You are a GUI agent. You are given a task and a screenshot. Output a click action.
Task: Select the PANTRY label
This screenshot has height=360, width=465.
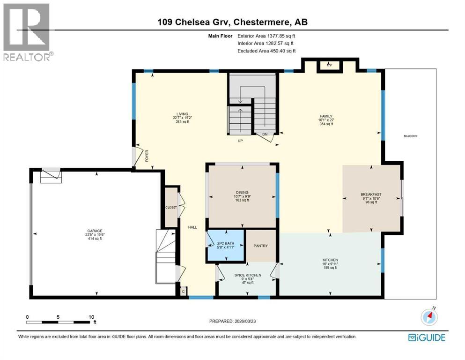[260, 246]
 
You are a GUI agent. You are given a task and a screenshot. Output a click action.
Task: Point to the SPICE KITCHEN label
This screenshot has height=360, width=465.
[248, 275]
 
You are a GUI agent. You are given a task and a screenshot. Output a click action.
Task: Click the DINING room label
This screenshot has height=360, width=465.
[242, 192]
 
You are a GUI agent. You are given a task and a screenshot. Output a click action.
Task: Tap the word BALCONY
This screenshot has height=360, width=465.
[410, 136]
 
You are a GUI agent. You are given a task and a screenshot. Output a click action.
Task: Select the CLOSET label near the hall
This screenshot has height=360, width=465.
[171, 207]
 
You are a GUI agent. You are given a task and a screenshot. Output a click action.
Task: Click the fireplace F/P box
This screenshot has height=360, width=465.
[329, 66]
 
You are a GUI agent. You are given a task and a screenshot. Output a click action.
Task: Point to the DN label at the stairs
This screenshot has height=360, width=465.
[264, 134]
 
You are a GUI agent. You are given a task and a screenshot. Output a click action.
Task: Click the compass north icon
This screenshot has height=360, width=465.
[429, 317]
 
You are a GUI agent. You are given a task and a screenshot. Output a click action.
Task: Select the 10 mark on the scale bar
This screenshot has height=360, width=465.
[92, 316]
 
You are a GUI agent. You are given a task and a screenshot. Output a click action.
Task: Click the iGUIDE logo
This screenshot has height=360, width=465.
[426, 337]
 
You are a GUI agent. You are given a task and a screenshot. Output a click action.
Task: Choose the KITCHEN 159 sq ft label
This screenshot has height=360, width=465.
[330, 263]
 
